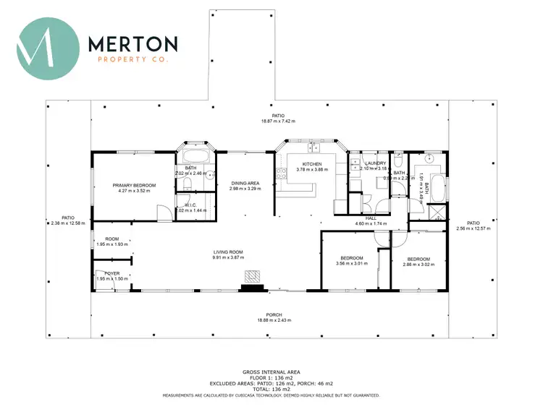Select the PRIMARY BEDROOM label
point(134,186)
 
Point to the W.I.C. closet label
point(191,205)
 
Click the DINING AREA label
point(245,184)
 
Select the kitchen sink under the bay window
point(313,148)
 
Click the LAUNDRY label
point(376,163)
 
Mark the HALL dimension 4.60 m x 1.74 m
point(371,224)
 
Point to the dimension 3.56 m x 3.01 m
point(352,264)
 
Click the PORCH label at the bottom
point(273,314)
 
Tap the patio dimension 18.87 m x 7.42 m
point(278,121)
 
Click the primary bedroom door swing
point(165,212)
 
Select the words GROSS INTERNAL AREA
point(270,369)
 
